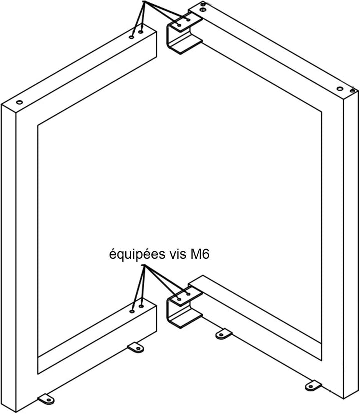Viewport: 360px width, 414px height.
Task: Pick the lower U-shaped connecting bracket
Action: pyautogui.click(x=184, y=307)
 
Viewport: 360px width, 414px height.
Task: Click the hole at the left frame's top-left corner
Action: pyautogui.click(x=19, y=102)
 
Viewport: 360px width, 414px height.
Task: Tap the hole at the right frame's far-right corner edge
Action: pyautogui.click(x=352, y=91)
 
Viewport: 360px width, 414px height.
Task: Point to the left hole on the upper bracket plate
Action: pyautogui.click(x=179, y=25)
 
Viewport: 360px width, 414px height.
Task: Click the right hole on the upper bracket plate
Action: pyautogui.click(x=188, y=20)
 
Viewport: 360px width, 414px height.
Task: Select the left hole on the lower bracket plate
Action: pyautogui.click(x=179, y=299)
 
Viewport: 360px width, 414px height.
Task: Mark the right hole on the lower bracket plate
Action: pyautogui.click(x=188, y=294)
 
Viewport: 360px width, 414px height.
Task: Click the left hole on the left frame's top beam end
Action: pyautogui.click(x=132, y=37)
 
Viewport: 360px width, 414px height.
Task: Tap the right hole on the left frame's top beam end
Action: pyautogui.click(x=141, y=32)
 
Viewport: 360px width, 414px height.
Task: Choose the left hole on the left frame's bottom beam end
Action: pyautogui.click(x=132, y=311)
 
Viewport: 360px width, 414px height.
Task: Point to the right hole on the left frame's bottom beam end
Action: pyautogui.click(x=141, y=306)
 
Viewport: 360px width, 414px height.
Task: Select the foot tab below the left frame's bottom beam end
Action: pyautogui.click(x=136, y=347)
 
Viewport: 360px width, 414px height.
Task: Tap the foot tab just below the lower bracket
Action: pyautogui.click(x=223, y=334)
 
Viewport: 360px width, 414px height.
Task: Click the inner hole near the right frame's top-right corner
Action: pyautogui.click(x=340, y=88)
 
